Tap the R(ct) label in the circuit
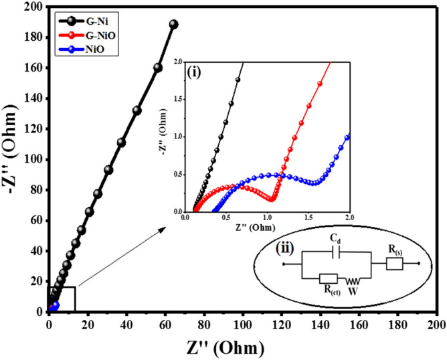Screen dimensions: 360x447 click(x=329, y=290)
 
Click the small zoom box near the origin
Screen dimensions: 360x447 click(x=62, y=298)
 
